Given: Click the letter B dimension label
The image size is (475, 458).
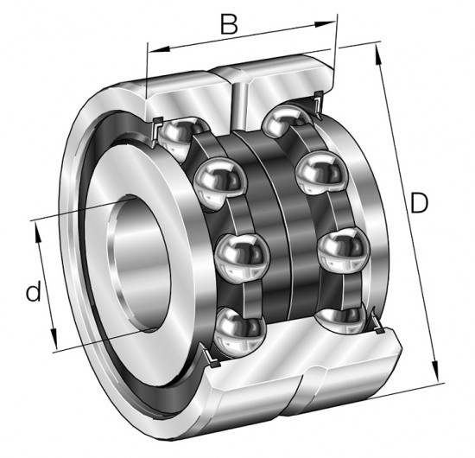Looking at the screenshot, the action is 230,23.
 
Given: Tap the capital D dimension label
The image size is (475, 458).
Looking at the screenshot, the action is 419,202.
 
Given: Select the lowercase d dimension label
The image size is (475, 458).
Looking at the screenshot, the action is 34,290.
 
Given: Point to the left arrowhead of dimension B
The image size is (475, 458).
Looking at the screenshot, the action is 158,49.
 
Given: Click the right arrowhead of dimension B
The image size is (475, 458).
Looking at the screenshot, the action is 325,24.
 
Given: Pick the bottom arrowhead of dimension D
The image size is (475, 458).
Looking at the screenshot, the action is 435,371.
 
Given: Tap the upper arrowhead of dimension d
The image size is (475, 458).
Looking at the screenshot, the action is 38,232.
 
